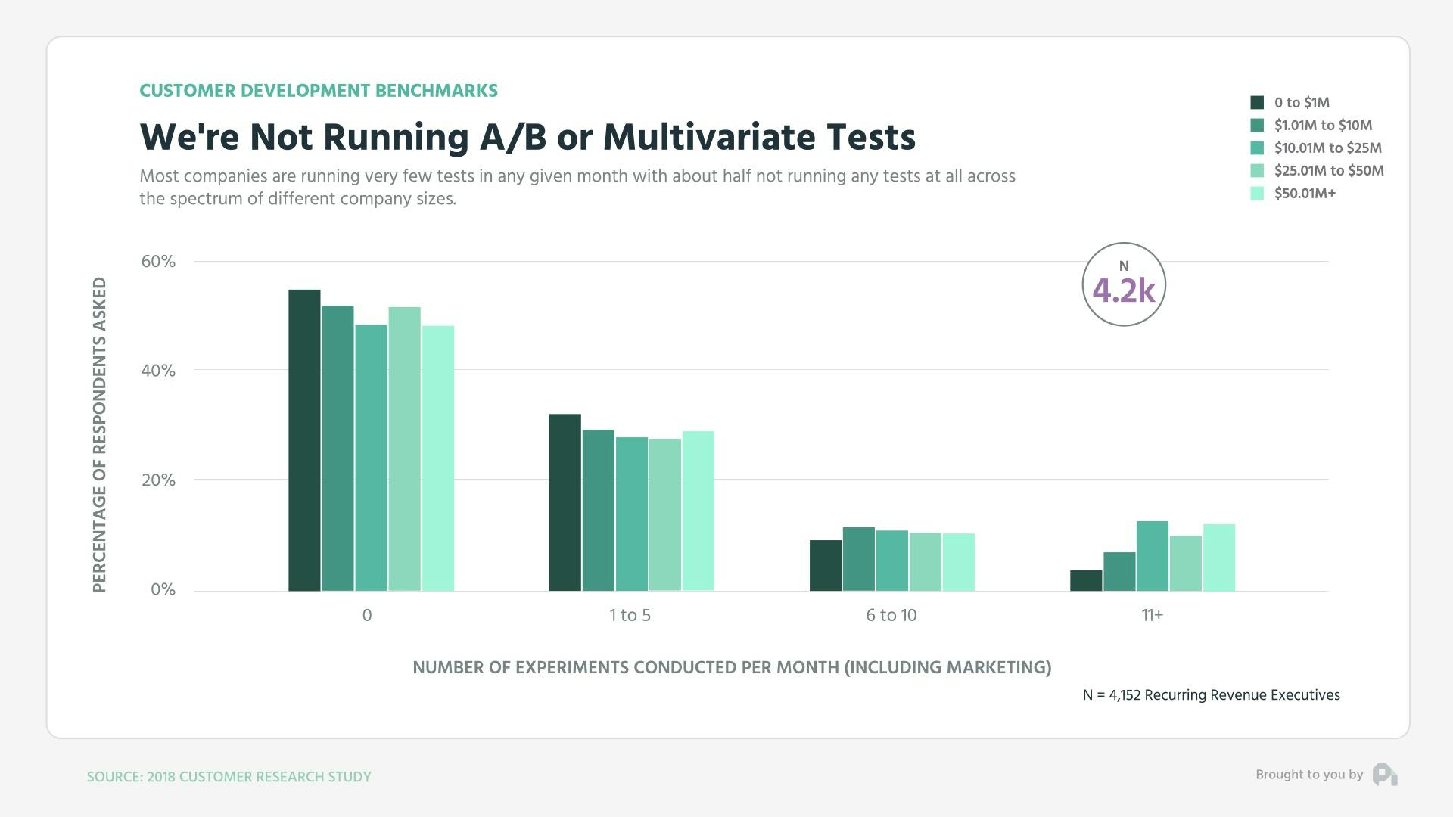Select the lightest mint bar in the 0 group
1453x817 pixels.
point(438,458)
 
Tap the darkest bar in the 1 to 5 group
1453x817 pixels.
point(565,502)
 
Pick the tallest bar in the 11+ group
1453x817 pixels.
point(1152,556)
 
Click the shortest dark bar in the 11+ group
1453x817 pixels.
point(1086,581)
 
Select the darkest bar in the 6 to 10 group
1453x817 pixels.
point(825,565)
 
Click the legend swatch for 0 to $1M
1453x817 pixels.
point(1257,103)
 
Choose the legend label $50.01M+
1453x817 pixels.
point(1305,194)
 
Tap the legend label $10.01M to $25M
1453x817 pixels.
point(1327,148)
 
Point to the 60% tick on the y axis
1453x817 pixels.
point(158,262)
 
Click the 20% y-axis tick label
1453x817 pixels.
point(158,480)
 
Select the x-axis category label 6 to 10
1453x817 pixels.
point(891,616)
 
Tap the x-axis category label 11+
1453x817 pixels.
point(1152,616)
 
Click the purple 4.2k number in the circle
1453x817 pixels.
point(1123,290)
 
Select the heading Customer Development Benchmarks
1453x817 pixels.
point(319,91)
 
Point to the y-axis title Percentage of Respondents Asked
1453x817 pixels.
point(99,435)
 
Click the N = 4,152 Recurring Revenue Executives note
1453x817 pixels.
point(1211,695)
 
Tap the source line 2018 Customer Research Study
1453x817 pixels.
point(229,777)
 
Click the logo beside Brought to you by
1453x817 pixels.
point(1384,775)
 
